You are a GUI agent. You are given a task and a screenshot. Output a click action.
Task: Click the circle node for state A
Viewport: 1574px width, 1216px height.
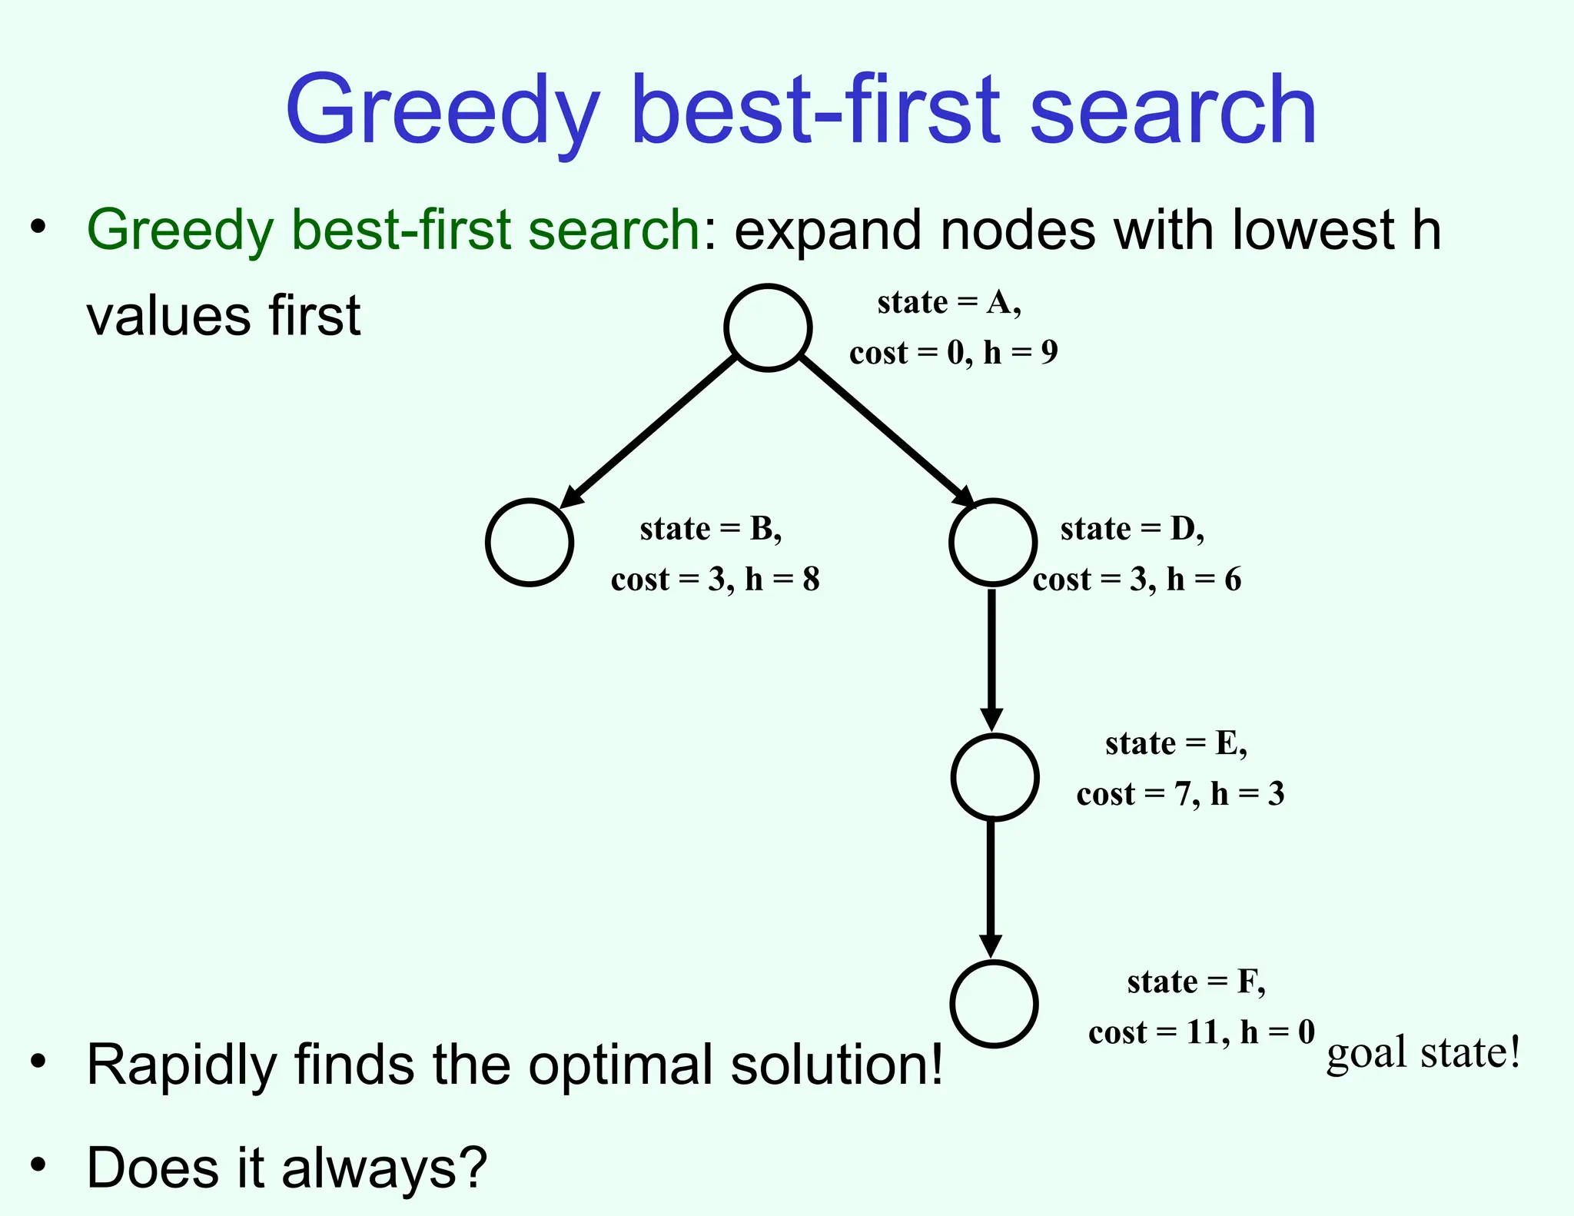click(768, 328)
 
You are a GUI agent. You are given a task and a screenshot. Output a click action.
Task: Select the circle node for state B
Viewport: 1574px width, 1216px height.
click(530, 543)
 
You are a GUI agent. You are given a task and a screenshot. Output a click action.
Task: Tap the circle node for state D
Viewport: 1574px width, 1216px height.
click(993, 543)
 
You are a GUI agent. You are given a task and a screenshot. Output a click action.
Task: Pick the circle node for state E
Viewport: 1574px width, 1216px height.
click(995, 777)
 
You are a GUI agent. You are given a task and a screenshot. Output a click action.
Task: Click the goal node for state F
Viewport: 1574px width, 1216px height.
click(994, 1004)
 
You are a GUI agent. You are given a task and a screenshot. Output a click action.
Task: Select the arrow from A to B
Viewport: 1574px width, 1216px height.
click(649, 433)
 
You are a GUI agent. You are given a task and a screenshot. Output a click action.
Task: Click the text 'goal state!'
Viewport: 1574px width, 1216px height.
click(1423, 1053)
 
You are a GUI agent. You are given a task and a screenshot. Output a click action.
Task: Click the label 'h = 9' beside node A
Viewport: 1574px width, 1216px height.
click(1021, 353)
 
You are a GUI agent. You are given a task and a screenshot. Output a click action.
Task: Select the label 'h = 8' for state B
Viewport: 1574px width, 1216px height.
click(782, 580)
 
